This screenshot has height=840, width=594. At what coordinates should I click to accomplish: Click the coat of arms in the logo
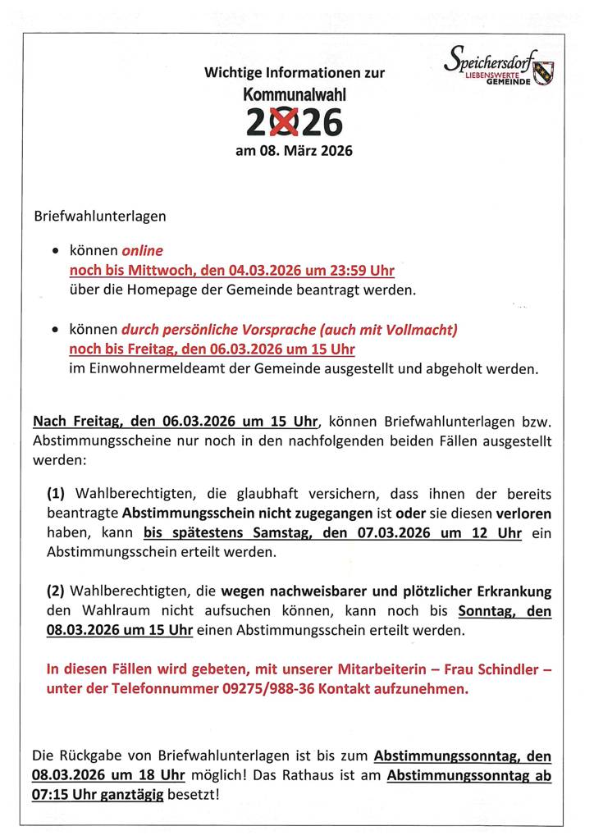tap(543, 73)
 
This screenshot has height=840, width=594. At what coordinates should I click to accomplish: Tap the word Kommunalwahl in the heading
tap(295, 95)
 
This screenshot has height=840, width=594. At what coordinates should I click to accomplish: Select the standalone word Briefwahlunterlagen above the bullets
tap(99, 217)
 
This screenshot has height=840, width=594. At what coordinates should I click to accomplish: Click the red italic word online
tap(143, 251)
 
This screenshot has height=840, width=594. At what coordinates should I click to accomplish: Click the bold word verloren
tap(523, 513)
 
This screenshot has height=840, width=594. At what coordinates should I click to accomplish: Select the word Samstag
tap(249, 532)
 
